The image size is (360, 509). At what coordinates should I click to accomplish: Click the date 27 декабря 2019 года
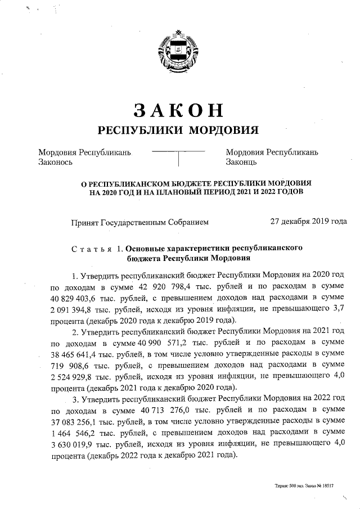(308, 222)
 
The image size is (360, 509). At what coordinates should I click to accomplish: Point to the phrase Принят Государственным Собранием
(139, 222)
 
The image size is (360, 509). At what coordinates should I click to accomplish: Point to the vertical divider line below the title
(178, 159)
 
